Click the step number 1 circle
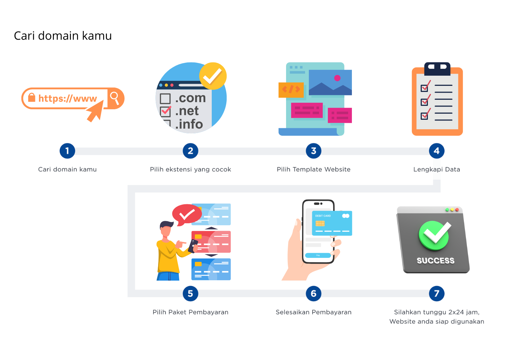(x=67, y=151)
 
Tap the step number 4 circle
(x=436, y=151)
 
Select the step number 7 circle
(x=436, y=293)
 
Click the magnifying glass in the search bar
(x=115, y=98)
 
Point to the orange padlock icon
(x=32, y=98)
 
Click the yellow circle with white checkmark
(x=213, y=76)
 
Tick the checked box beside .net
(x=165, y=111)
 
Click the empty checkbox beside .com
(x=165, y=99)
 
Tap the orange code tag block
(x=291, y=90)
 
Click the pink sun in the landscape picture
(x=337, y=78)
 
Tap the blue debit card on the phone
(x=332, y=223)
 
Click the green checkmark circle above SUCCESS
(x=434, y=235)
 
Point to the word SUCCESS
(x=435, y=261)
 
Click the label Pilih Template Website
(x=314, y=169)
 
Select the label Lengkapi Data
(x=437, y=169)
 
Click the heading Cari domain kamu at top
(x=63, y=36)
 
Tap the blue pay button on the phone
(x=318, y=255)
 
